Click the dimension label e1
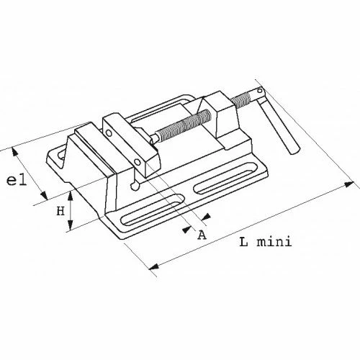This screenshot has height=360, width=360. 17,181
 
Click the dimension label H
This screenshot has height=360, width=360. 60,212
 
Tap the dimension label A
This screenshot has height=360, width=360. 202,235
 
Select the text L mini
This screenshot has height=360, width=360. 266,242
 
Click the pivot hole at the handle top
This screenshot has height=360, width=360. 260,91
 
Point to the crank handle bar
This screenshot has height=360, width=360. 279,122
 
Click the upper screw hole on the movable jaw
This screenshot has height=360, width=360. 109,132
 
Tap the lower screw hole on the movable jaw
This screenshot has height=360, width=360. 138,163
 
